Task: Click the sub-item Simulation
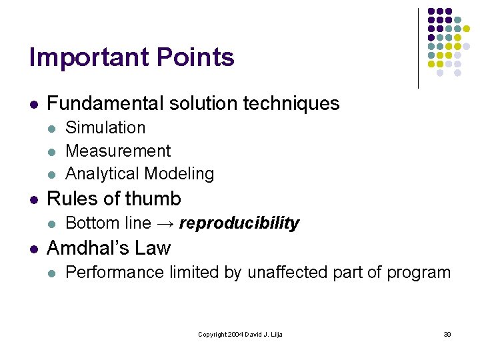pyautogui.click(x=105, y=127)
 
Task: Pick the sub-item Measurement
pyautogui.click(x=118, y=151)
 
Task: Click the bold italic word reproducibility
pyautogui.click(x=239, y=223)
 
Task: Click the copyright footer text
pyautogui.click(x=240, y=334)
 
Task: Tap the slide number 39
pyautogui.click(x=447, y=334)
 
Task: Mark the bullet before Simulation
pyautogui.click(x=53, y=128)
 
